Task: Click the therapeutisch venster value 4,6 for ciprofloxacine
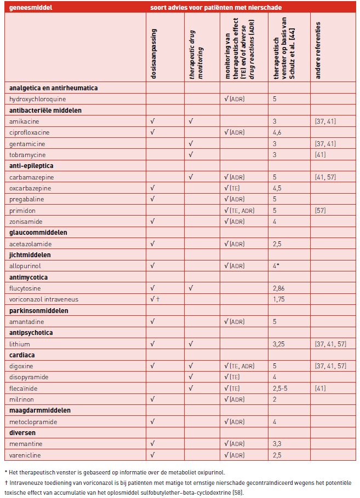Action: (278, 132)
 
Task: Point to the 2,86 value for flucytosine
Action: (280, 288)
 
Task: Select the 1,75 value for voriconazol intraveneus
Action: (279, 299)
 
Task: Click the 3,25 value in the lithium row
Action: (280, 344)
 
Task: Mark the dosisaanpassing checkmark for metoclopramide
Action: (152, 422)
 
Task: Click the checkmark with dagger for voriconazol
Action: (155, 299)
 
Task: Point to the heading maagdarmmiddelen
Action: (37, 410)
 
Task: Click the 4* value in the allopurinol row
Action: (278, 266)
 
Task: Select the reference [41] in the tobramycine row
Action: (320, 154)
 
